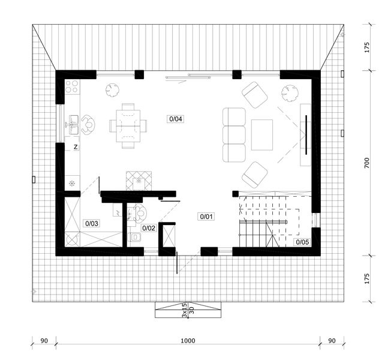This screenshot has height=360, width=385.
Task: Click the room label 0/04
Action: pyautogui.click(x=176, y=119)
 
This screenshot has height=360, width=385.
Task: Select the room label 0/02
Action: pyautogui.click(x=149, y=228)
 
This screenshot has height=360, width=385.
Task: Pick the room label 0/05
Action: pyautogui.click(x=302, y=242)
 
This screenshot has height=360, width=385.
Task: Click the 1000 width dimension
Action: pyautogui.click(x=188, y=341)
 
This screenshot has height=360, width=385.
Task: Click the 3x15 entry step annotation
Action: pyautogui.click(x=184, y=309)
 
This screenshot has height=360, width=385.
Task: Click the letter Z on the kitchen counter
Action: pyautogui.click(x=76, y=146)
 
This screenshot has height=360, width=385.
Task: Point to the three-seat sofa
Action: pyautogui.click(x=234, y=135)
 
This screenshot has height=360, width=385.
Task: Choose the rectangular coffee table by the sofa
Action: pyautogui.click(x=262, y=135)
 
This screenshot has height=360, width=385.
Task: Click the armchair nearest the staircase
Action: pyautogui.click(x=255, y=175)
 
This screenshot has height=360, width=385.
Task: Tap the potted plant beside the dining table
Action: pyautogui.click(x=112, y=90)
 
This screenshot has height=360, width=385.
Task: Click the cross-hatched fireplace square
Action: pyautogui.click(x=140, y=179)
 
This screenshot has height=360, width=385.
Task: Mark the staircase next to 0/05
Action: pyautogui.click(x=269, y=220)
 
